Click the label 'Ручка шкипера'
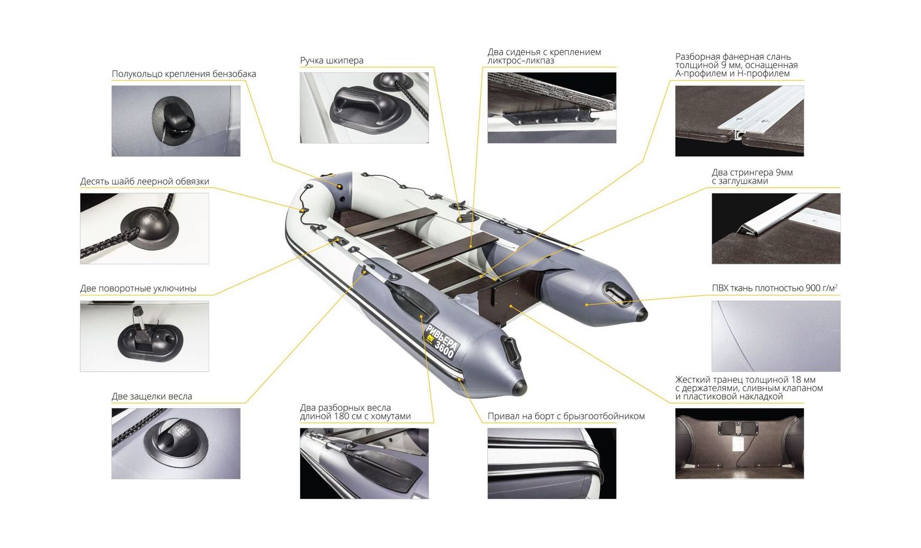point(331,60)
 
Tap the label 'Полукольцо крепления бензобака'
point(184,74)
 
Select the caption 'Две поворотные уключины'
point(138,288)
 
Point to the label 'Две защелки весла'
point(152,396)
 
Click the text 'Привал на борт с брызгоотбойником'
point(566,416)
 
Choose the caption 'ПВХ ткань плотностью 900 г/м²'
point(774,288)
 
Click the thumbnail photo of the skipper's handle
point(364,108)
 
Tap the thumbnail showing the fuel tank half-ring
point(176,121)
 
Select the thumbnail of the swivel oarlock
point(144,336)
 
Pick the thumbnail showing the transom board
point(739,443)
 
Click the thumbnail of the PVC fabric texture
point(776,336)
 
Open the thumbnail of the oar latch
point(176,443)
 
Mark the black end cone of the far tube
point(641,315)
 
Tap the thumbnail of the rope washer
point(144,229)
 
